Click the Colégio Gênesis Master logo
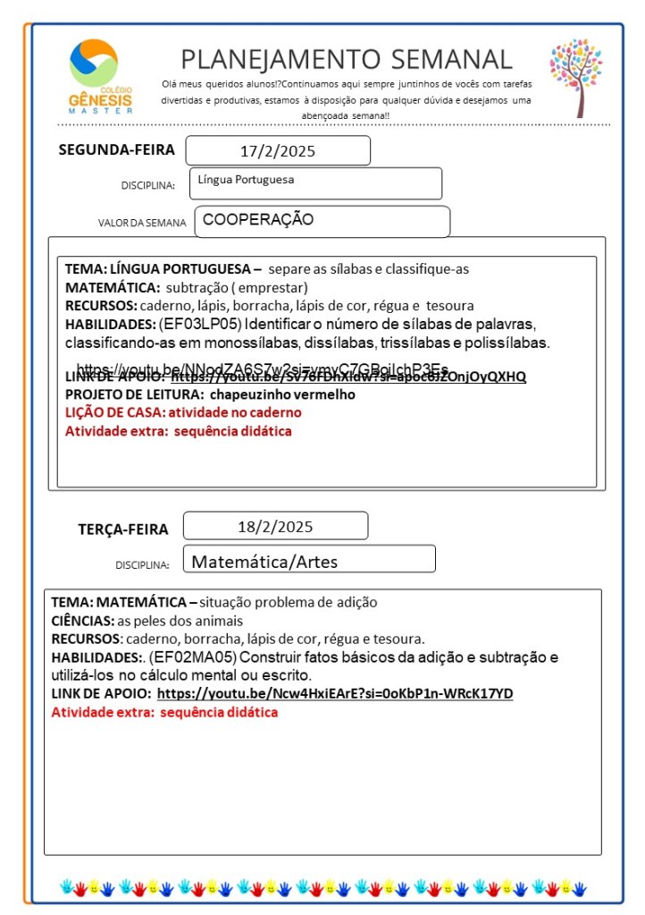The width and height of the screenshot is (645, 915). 100,75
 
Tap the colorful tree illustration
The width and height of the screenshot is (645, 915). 576,77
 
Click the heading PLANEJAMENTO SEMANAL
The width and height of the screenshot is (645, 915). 347,59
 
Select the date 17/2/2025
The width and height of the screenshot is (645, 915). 278,151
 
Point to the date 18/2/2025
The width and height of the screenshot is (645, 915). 275,526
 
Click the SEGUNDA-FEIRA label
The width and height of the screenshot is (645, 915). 116,149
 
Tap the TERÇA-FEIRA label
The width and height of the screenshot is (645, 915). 122,529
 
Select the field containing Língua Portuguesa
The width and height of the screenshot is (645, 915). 315,182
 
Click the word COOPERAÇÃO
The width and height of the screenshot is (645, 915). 258,219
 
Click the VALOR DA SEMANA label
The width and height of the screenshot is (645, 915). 142,223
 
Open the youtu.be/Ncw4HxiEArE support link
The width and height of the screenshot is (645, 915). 334,694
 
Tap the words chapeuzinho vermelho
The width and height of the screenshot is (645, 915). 282,394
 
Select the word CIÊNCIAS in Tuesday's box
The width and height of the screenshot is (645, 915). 81,621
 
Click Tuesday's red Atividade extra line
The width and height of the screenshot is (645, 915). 164,713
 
